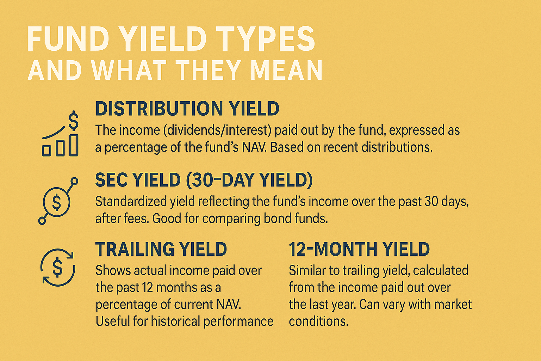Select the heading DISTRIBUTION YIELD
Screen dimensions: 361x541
187,109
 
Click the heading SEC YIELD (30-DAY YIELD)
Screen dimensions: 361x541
204,180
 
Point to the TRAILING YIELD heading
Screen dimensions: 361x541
161,249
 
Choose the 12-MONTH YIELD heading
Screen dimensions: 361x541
359,249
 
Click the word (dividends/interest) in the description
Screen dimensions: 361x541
217,130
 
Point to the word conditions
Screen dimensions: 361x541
318,321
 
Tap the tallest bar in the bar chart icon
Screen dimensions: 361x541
74,145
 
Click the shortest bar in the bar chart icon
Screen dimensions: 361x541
46,151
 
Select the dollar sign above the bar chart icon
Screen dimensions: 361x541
73,121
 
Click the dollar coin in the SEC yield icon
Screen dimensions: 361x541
56,202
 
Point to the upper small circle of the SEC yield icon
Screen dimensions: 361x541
74,181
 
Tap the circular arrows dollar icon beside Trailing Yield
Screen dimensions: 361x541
57,267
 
